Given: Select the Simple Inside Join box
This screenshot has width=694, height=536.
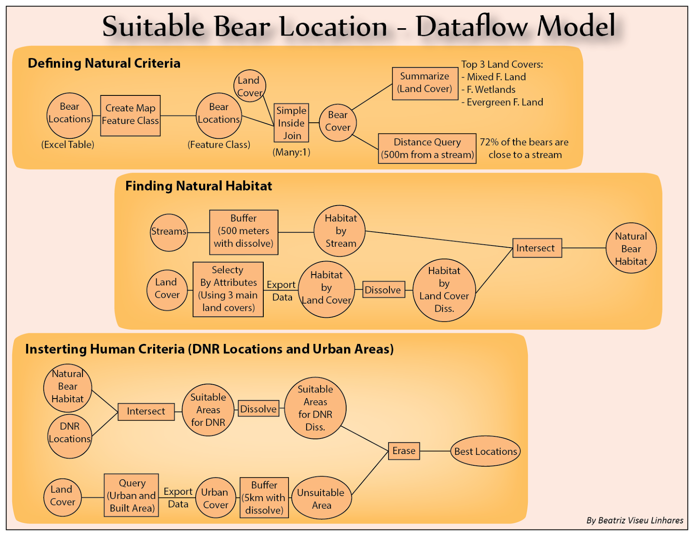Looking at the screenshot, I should coord(291,123).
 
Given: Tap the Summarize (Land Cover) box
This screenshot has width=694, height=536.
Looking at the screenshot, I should coord(425,83).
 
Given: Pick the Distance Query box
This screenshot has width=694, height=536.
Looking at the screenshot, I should coord(427,148).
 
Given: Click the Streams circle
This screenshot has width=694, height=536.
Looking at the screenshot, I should coord(169,232).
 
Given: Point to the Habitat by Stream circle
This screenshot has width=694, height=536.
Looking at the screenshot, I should coord(340,231).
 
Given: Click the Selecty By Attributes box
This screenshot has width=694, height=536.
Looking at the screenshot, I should coord(228,289).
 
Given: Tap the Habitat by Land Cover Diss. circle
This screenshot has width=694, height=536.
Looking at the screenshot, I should coord(444,290).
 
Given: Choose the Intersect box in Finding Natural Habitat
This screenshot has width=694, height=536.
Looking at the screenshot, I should coord(537,248).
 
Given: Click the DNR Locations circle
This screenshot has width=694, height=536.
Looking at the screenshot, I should coord(69,436).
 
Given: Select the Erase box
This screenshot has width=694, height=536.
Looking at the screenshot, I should coord(403,451).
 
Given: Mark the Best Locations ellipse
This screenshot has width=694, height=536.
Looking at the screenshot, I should coord(485,451).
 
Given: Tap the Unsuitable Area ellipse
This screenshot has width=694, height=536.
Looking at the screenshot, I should coord(321,498).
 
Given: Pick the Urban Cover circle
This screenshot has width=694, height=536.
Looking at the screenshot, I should coord(215,498).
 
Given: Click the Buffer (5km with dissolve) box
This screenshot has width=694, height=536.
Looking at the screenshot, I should coord(264,498).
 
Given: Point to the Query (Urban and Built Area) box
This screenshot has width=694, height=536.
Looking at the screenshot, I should coord(131,495).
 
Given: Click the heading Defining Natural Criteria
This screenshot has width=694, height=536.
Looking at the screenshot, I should coord(104,63).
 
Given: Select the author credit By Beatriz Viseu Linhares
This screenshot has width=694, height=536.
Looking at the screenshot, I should coord(635,520).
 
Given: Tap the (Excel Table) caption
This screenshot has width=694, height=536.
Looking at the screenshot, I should coord(68,144).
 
